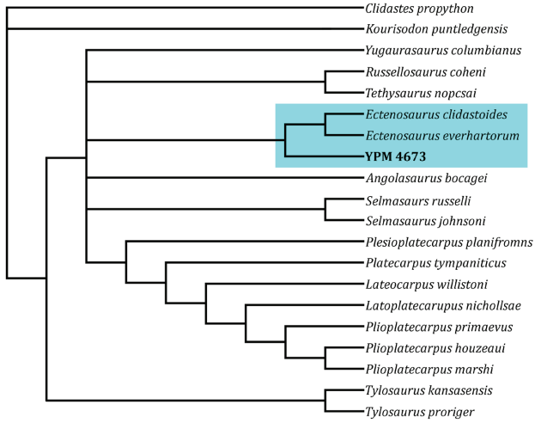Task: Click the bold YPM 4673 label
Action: pyautogui.click(x=396, y=157)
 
